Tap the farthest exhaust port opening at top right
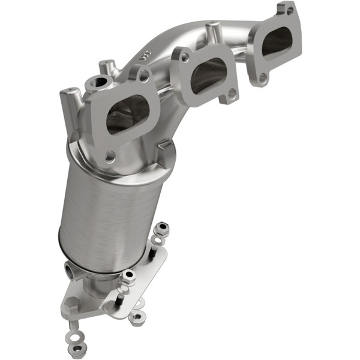(x=277, y=43)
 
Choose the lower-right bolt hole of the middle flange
(x=230, y=95)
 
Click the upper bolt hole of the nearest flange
(x=144, y=75)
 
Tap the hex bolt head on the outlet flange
(x=71, y=303)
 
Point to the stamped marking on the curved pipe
(x=144, y=55)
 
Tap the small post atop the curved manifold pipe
(x=211, y=29)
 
